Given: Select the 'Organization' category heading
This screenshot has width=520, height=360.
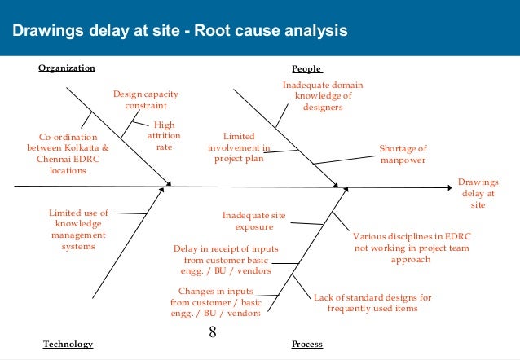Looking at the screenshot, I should [67, 68].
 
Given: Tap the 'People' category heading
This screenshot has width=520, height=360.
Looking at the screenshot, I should [306, 68].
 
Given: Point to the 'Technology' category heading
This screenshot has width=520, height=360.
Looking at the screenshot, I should [68, 344].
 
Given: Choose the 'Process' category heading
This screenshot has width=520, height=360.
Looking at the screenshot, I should [306, 344].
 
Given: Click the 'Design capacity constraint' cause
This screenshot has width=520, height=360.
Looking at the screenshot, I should [145, 99].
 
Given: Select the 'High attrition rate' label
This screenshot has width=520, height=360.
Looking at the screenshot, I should [164, 137].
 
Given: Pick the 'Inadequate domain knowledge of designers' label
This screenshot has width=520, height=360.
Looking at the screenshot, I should [323, 94].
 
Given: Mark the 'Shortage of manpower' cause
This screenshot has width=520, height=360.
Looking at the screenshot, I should [403, 154].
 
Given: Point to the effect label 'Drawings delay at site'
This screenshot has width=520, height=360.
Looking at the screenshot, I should [478, 194].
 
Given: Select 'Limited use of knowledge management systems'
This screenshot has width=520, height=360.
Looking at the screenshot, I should [78, 229].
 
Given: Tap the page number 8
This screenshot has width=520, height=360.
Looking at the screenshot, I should [213, 332].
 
